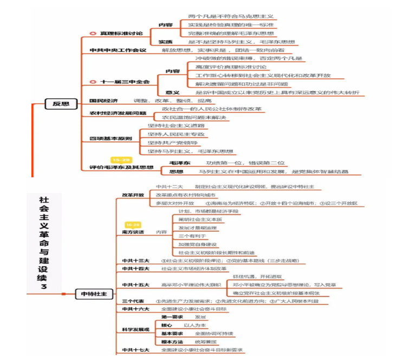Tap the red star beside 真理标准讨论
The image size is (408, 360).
click(93, 34)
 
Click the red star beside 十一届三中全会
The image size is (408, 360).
click(93, 82)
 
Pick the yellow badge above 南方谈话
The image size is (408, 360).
click(132, 224)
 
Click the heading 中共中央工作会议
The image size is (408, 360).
click(118, 50)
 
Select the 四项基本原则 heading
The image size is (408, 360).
click(111, 138)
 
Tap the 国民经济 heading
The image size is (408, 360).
click(104, 101)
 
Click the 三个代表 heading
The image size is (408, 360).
click(133, 301)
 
